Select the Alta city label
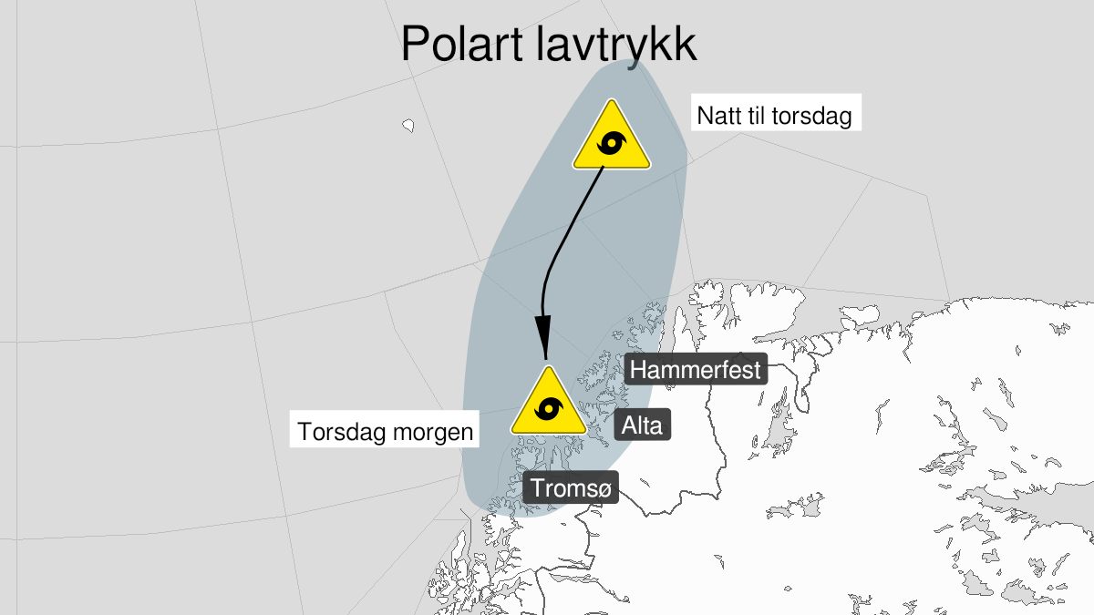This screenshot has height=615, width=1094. coord(643,425)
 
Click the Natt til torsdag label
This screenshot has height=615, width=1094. coord(774,117)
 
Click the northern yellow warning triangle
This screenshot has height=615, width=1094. coord(612,139)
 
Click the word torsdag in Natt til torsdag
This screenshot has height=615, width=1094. coord(811,117)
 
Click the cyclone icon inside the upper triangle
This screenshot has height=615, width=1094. coord(612,145)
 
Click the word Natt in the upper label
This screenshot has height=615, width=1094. coord(717,117)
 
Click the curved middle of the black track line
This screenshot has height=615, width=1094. coord(557,246)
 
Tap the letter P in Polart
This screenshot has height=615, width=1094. coord(415,43)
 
